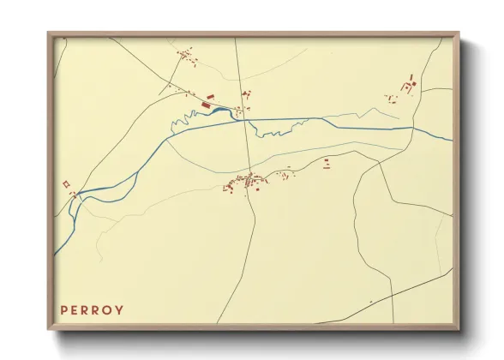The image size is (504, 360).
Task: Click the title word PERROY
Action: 92,309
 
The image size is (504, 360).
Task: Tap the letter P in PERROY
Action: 63,309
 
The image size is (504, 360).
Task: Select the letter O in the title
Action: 107,309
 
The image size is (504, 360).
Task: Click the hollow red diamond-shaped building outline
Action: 65,183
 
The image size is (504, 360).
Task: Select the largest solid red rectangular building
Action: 206,104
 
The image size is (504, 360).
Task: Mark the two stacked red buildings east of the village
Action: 327,163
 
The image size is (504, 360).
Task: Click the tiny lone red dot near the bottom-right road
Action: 370,302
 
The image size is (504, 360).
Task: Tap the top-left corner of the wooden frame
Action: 49,34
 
